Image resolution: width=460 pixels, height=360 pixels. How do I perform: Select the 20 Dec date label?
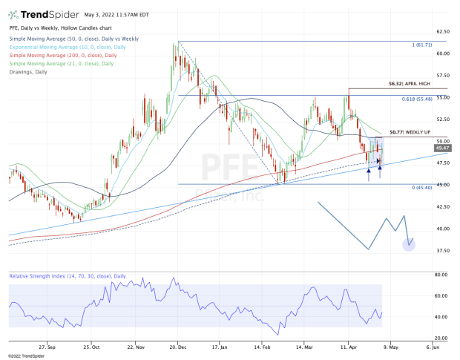[177, 346]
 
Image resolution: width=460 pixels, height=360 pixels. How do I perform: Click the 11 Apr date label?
[346, 346]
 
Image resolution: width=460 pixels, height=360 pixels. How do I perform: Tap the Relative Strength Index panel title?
[68, 275]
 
